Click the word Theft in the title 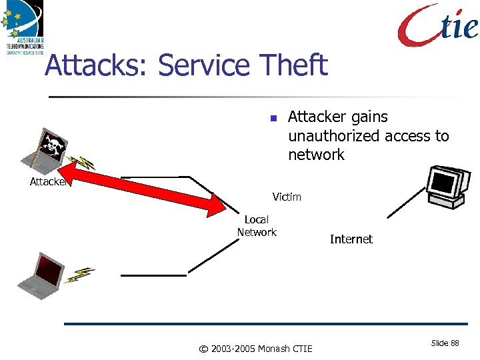tap(293, 65)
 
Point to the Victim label tap(287, 197)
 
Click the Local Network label tap(257, 226)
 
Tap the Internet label tap(351, 239)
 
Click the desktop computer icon tap(445, 183)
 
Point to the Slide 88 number tap(445, 343)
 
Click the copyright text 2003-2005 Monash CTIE tap(256, 348)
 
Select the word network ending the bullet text tap(316, 155)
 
